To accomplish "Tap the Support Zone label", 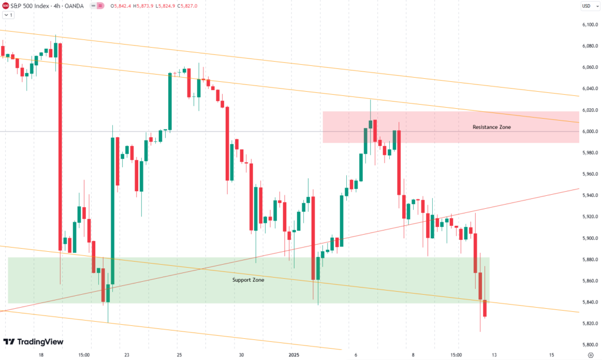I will click(x=248, y=280).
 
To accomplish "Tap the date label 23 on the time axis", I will click(x=128, y=355).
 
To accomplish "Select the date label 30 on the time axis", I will click(x=241, y=355).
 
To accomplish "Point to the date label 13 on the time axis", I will click(x=494, y=355).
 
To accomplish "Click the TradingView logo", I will click(x=34, y=342).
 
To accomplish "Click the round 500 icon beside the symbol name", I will click(x=6, y=6).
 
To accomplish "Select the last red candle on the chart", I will click(x=485, y=308).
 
